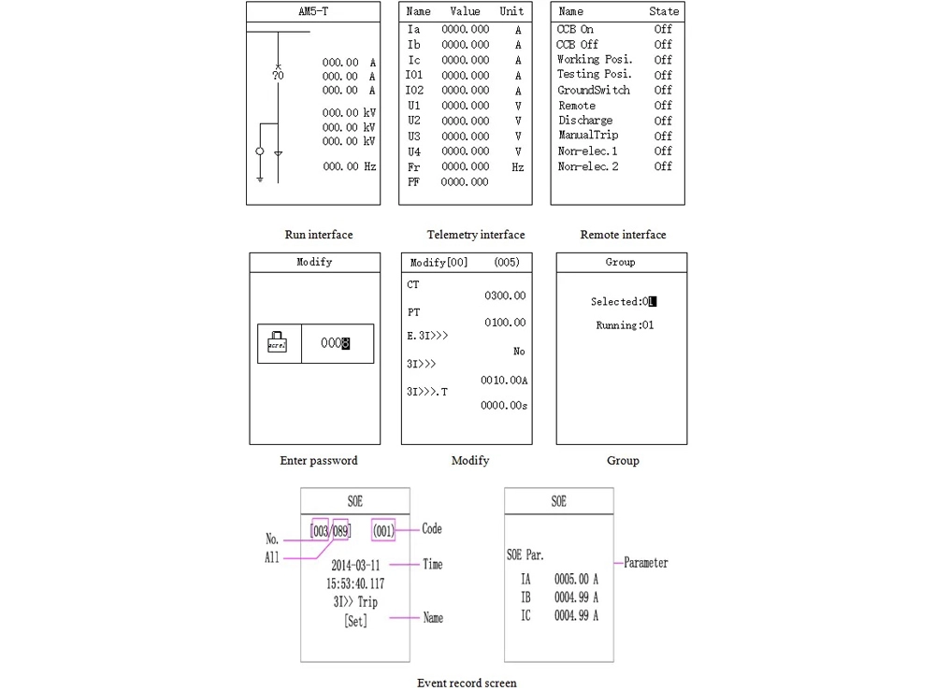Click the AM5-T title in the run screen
[x=313, y=12]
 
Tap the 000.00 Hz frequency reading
[x=350, y=166]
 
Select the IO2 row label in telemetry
[x=414, y=91]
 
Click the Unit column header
[x=511, y=12]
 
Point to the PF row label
[x=414, y=182]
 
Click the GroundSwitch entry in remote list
[x=594, y=91]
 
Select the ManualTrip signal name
[x=588, y=136]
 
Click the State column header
[x=664, y=12]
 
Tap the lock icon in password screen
[x=278, y=342]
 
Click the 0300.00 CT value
[x=505, y=296]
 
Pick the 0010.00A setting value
[x=504, y=381]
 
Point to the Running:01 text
[x=625, y=325]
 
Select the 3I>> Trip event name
[x=355, y=602]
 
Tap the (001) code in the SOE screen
[x=383, y=530]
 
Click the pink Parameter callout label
[x=646, y=563]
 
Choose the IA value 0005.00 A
[x=575, y=580]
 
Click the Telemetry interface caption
[x=476, y=235]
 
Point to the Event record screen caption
[x=467, y=683]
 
